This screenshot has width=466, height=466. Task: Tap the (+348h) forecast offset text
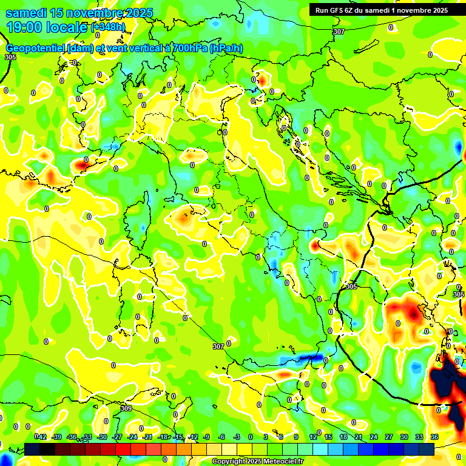pos(108,27)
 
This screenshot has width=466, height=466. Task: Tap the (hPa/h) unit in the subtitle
pos(226,49)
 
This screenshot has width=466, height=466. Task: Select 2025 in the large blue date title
pos(136,13)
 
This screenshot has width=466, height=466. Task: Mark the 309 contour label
pos(126,408)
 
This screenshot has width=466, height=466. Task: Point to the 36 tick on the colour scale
pos(434,437)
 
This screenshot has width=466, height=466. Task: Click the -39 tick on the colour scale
pos(57,437)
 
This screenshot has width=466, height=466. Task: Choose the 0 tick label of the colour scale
pos(251,437)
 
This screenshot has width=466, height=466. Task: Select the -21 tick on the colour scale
pos(148,437)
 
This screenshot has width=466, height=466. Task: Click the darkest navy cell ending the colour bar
pos(427,449)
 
